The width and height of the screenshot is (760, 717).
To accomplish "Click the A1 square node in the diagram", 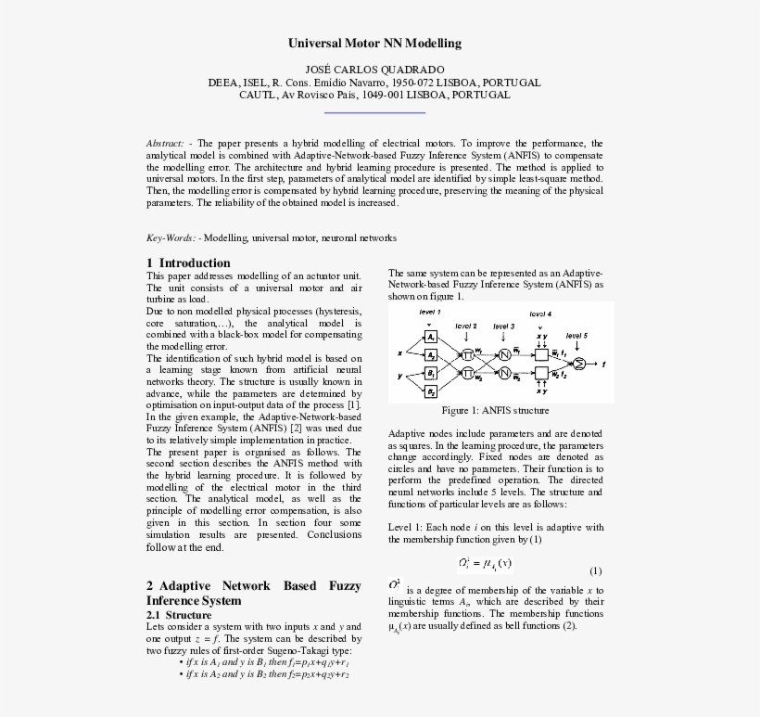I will [431, 337].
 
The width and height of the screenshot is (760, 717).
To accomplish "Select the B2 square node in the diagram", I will [431, 391].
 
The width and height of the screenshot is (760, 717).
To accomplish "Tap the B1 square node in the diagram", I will [431, 372].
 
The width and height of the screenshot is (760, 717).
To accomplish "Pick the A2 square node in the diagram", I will [431, 354].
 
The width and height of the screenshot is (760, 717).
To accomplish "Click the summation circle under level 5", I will [580, 364].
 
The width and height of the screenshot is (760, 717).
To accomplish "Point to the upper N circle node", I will [504, 354].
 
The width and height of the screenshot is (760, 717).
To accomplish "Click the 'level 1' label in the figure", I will [430, 312].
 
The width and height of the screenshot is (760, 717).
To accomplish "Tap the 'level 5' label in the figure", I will [576, 335].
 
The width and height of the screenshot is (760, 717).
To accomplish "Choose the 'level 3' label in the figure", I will [503, 326].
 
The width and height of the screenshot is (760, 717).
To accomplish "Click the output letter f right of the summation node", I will [603, 365].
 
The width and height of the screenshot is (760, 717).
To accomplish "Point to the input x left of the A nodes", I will [399, 353].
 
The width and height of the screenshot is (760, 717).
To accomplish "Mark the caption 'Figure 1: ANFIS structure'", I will [495, 410].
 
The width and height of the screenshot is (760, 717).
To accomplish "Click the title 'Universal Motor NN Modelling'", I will [374, 44].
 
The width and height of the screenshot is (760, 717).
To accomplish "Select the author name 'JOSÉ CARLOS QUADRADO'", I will [374, 70].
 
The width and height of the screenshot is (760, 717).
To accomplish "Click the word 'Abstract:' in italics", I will [165, 144].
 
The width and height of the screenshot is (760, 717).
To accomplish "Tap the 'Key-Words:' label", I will [171, 238].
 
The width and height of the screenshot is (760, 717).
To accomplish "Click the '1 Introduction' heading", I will [188, 262].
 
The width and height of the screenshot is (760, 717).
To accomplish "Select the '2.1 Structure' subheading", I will [179, 615].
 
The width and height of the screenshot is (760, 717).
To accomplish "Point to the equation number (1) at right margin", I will [595, 570].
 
